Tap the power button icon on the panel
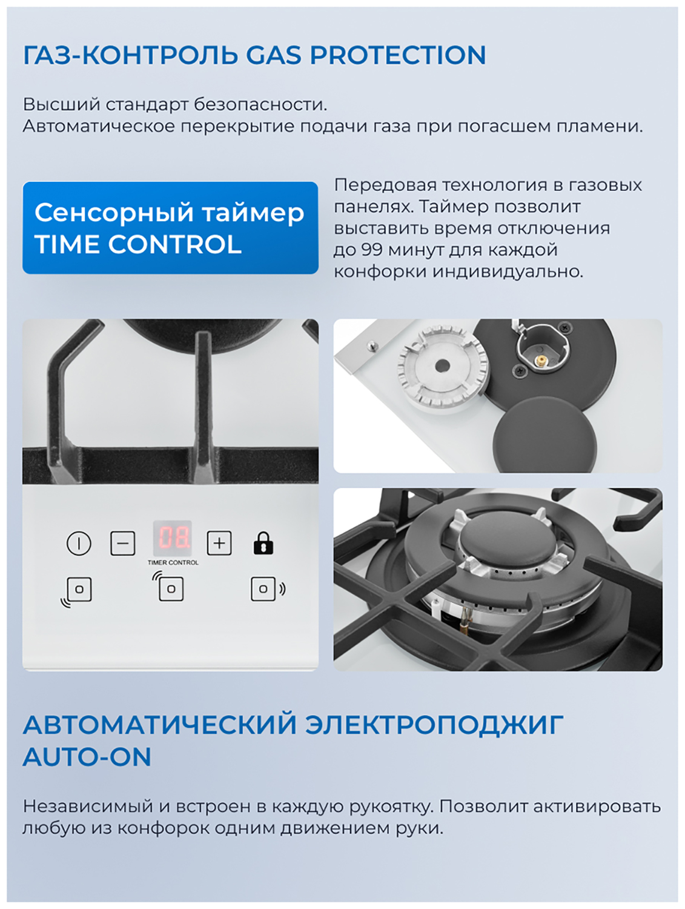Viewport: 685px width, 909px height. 79,543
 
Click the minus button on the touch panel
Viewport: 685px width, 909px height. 122,543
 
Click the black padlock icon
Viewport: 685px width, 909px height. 263,543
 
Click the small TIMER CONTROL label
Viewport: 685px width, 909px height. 173,563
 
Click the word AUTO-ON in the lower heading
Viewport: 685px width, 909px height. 87,757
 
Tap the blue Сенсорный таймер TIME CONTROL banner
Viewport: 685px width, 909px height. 170,227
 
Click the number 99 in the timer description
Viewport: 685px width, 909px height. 372,250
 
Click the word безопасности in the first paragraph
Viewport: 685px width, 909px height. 260,105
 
